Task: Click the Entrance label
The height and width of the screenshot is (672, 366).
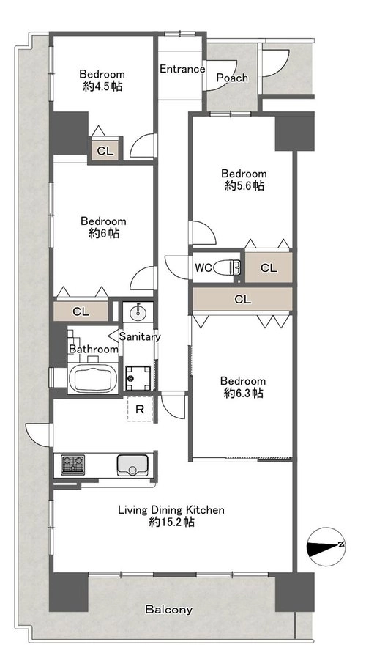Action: [x=182, y=69]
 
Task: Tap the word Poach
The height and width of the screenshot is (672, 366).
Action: [x=232, y=78]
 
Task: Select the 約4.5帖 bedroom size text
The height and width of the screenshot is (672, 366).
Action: [x=102, y=86]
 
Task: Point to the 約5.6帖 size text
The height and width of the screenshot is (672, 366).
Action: [x=244, y=185]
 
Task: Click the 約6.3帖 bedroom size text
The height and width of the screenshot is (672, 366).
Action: [x=243, y=393]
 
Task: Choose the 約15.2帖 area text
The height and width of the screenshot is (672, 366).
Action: [x=171, y=522]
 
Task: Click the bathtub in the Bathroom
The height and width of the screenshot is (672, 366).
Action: [x=93, y=378]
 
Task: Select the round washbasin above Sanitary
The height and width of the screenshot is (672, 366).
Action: [x=138, y=312]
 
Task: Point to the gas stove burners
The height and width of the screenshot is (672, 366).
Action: [x=72, y=465]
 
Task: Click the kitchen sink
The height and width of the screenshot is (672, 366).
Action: [x=132, y=465]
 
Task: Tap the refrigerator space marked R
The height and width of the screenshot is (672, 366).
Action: [x=140, y=409]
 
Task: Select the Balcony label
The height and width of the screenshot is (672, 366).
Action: [x=168, y=610]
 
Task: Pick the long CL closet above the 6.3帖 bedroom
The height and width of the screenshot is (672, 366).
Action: [x=242, y=299]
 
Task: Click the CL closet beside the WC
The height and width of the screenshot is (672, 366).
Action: [x=269, y=267]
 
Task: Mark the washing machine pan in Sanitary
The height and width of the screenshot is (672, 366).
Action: [x=138, y=378]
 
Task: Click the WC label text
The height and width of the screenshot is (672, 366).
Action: [x=203, y=268]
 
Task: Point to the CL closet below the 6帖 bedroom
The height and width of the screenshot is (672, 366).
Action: [x=81, y=311]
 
